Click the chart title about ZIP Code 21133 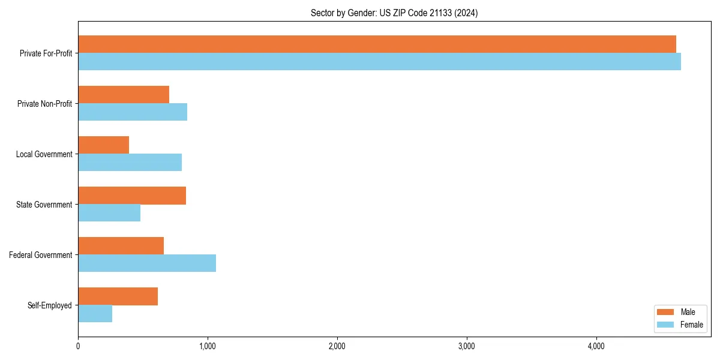coord(394,13)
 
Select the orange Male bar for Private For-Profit coord(377,44)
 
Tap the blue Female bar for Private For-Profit coord(379,62)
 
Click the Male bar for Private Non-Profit coord(124,95)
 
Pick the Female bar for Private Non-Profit coord(133,112)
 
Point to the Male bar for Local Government coord(103,145)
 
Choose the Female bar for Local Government coord(130,163)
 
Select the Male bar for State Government coord(132,196)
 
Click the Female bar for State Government coord(109,213)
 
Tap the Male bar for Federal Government coord(121,246)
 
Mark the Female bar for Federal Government coord(147,263)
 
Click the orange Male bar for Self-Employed coord(118,296)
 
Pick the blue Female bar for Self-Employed coord(95,314)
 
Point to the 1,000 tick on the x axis coord(208,346)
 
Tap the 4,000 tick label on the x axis coord(596,346)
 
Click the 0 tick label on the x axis coord(78,346)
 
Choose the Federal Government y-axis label coord(40,255)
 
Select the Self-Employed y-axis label coord(49,305)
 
